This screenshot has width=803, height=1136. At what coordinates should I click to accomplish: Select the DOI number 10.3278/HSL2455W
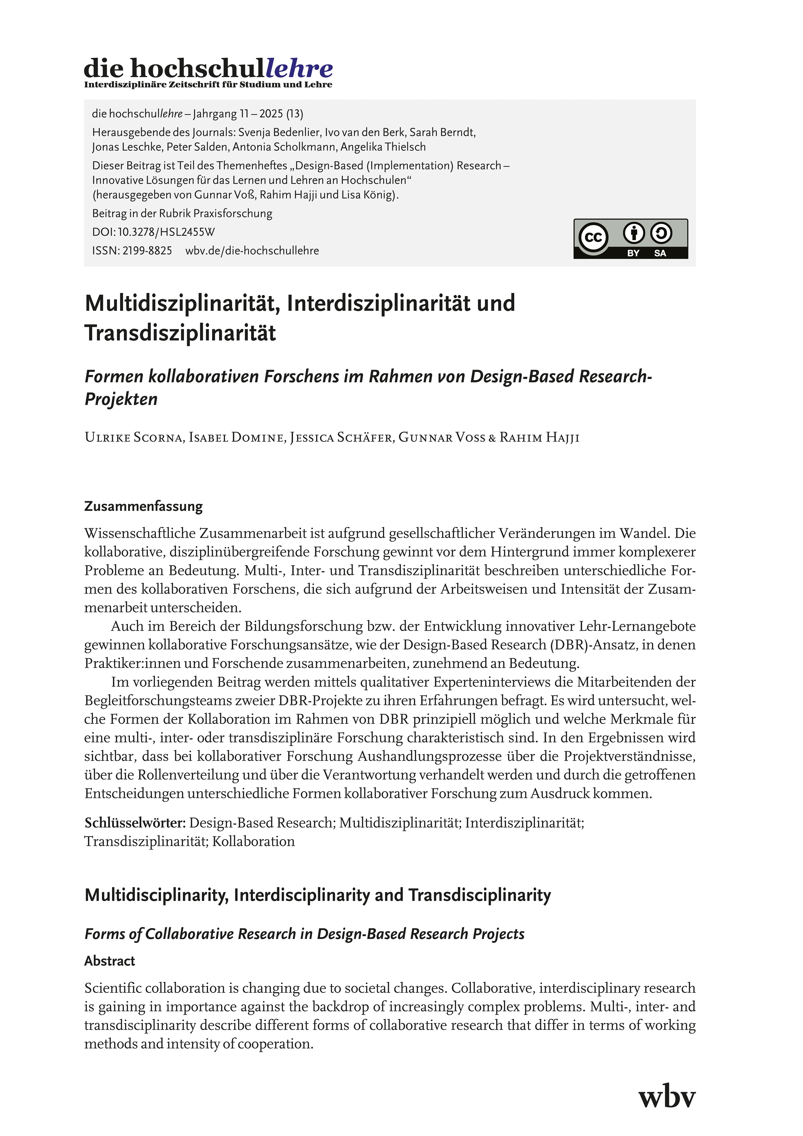[x=166, y=232]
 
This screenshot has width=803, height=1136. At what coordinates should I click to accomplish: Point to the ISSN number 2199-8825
[x=147, y=251]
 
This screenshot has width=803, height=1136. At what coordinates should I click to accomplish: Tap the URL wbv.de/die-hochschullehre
[x=252, y=251]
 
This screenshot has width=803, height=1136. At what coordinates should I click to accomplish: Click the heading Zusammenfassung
[x=144, y=506]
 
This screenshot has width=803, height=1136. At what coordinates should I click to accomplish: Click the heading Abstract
[x=109, y=961]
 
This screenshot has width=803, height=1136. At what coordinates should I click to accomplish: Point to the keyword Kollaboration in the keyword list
[x=253, y=842]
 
